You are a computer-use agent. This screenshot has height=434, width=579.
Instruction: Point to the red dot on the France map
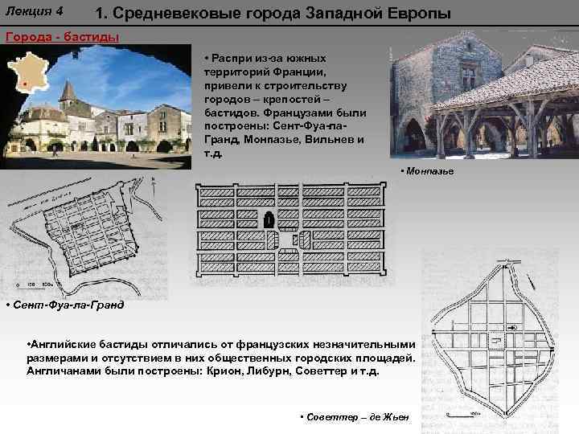click(25, 83)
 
